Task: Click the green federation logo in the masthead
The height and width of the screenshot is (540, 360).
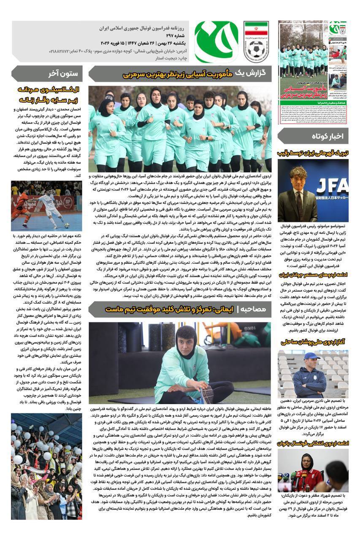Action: coord(217,41)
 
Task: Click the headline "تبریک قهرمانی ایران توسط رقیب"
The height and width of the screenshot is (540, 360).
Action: coord(313,153)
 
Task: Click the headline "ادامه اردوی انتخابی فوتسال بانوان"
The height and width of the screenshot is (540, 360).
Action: coord(313,443)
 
